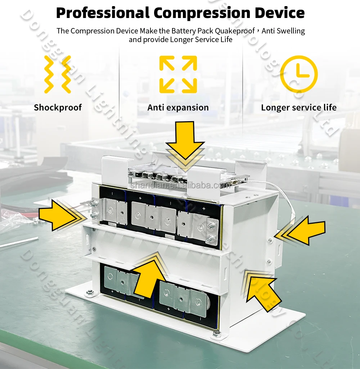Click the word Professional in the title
coord(102,13)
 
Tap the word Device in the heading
coord(280,13)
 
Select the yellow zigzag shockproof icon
coord(57,74)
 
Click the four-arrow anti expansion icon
coord(178,74)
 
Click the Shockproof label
coord(58,108)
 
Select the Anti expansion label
coord(178,108)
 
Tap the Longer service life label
coord(299,108)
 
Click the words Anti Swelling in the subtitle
coord(283,31)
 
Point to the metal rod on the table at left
coord(18,242)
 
